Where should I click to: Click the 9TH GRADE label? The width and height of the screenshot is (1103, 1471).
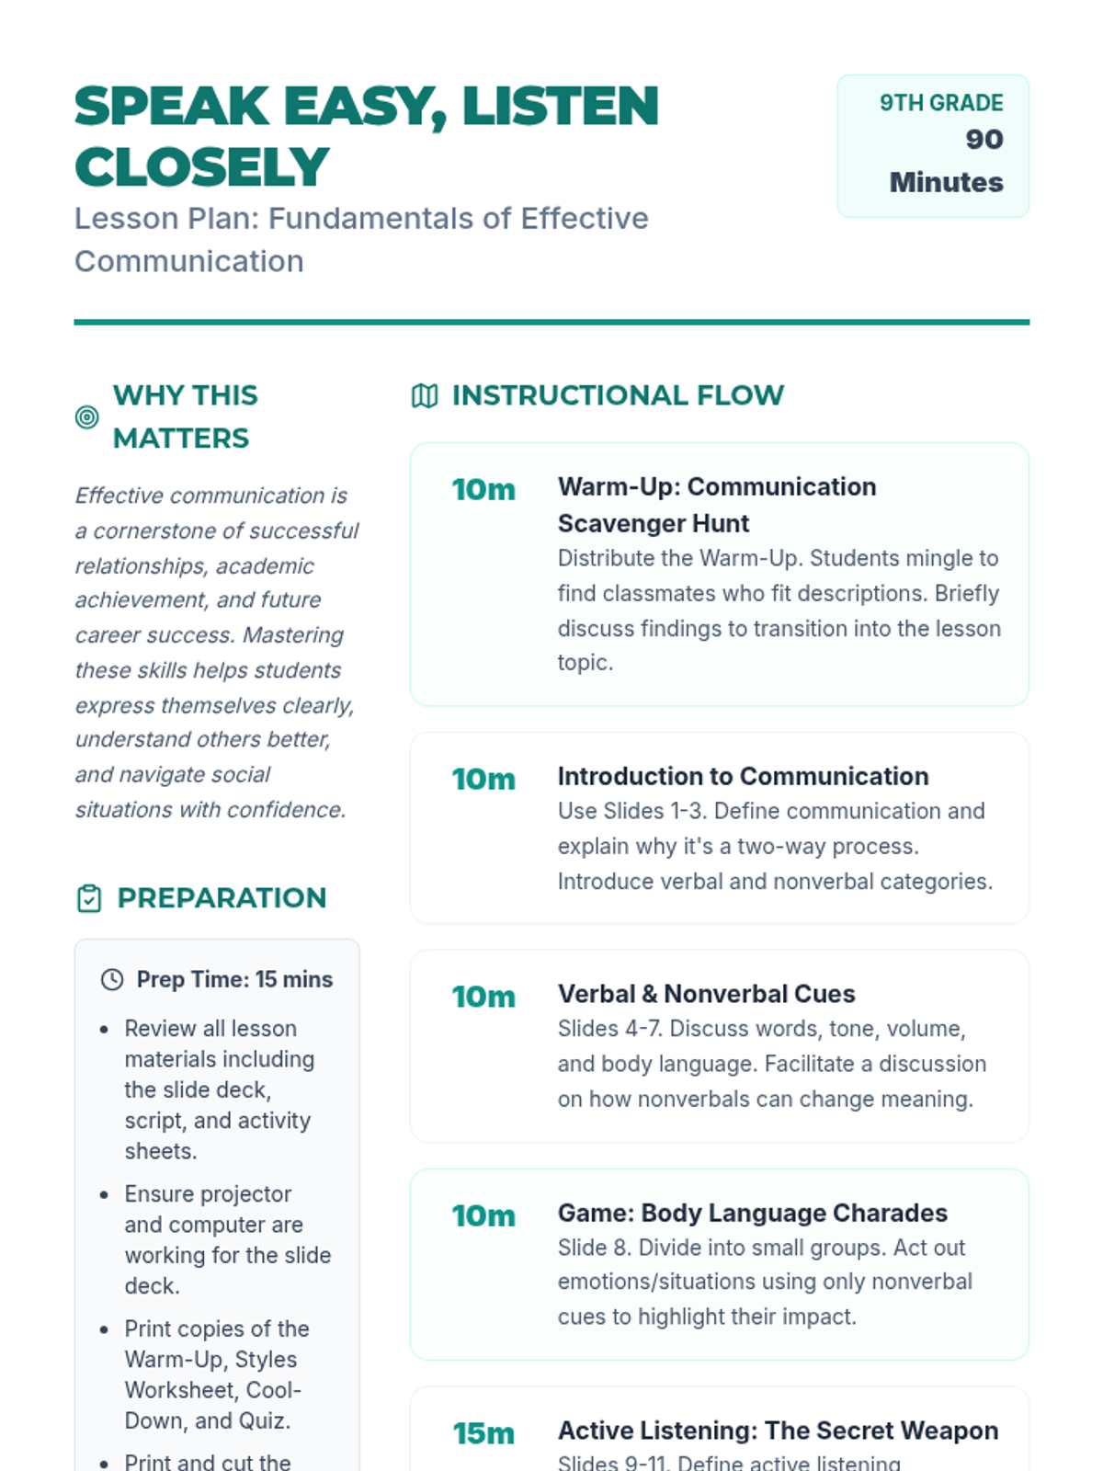[x=940, y=103]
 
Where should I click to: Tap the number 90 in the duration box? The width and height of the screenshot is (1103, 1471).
[x=984, y=140]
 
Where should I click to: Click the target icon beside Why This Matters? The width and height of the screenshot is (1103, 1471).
[x=86, y=417]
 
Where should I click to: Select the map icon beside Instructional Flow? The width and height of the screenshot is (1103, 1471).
[x=425, y=396]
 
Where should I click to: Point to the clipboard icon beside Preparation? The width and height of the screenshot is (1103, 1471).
[x=89, y=898]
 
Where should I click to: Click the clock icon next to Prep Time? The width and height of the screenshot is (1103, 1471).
[x=112, y=980]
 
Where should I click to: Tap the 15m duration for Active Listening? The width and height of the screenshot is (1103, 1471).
[x=483, y=1433]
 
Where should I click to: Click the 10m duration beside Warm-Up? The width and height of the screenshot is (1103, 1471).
[x=483, y=490]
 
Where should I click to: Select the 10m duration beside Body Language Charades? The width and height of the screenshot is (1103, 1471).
[x=483, y=1216]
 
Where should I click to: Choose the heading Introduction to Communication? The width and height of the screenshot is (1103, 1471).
[x=743, y=777]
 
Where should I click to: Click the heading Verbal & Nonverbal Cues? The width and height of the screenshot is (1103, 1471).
[x=706, y=994]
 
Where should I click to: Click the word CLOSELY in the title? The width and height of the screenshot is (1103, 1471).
[x=201, y=167]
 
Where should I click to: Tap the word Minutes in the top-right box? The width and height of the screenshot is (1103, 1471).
[x=946, y=182]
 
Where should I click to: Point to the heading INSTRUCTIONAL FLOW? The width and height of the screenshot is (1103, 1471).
[x=618, y=395]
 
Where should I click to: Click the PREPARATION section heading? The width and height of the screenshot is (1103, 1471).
[x=222, y=898]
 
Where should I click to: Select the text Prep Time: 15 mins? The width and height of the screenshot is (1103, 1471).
[x=234, y=980]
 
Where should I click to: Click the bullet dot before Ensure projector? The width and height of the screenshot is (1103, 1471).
[x=105, y=1195]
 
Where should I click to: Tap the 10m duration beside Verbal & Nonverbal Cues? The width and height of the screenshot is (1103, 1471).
[x=483, y=998]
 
